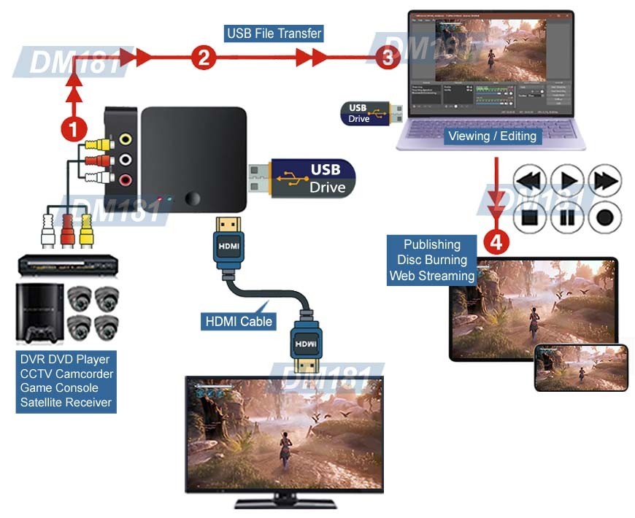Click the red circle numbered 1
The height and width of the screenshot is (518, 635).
click(x=73, y=129)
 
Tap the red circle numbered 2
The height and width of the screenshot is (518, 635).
click(x=205, y=57)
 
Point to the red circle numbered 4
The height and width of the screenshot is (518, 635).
click(x=496, y=241)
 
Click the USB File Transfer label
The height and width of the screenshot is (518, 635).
click(x=274, y=34)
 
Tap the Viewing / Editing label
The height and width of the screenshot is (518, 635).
click(x=492, y=136)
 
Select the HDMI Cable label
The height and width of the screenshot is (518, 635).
click(x=238, y=321)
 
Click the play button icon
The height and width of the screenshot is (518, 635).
click(x=567, y=180)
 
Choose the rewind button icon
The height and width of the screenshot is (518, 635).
click(x=531, y=180)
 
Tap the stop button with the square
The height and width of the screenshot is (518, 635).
click(x=531, y=217)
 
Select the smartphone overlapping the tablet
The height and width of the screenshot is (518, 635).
click(x=581, y=368)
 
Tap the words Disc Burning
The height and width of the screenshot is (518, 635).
click(x=432, y=260)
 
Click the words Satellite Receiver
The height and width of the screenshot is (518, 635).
click(x=66, y=402)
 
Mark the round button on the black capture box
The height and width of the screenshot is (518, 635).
click(x=193, y=198)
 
